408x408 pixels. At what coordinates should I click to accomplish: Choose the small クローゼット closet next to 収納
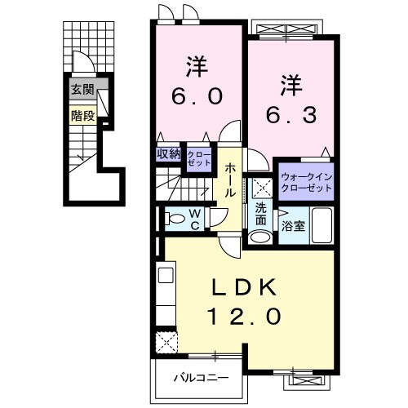(x=197, y=157)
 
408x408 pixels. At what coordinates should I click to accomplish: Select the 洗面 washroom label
(x=260, y=214)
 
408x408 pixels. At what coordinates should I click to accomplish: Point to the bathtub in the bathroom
(x=321, y=224)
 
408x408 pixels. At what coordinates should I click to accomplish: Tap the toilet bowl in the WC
(x=174, y=218)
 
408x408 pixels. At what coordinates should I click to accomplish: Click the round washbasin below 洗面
(x=259, y=237)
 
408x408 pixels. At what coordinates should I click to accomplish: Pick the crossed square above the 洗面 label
(x=261, y=187)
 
